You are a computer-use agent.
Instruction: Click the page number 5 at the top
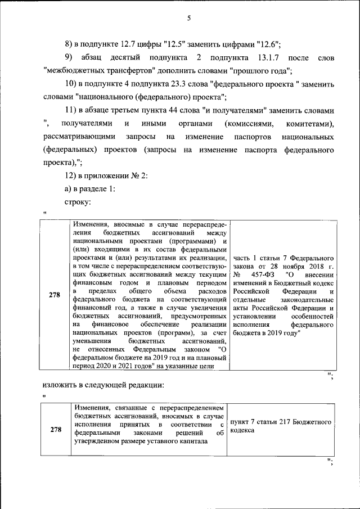pos(189,19)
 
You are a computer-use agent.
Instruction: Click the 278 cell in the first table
pos(55,296)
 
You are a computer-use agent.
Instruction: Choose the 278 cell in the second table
pos(55,430)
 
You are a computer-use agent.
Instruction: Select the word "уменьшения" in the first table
pos(92,341)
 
